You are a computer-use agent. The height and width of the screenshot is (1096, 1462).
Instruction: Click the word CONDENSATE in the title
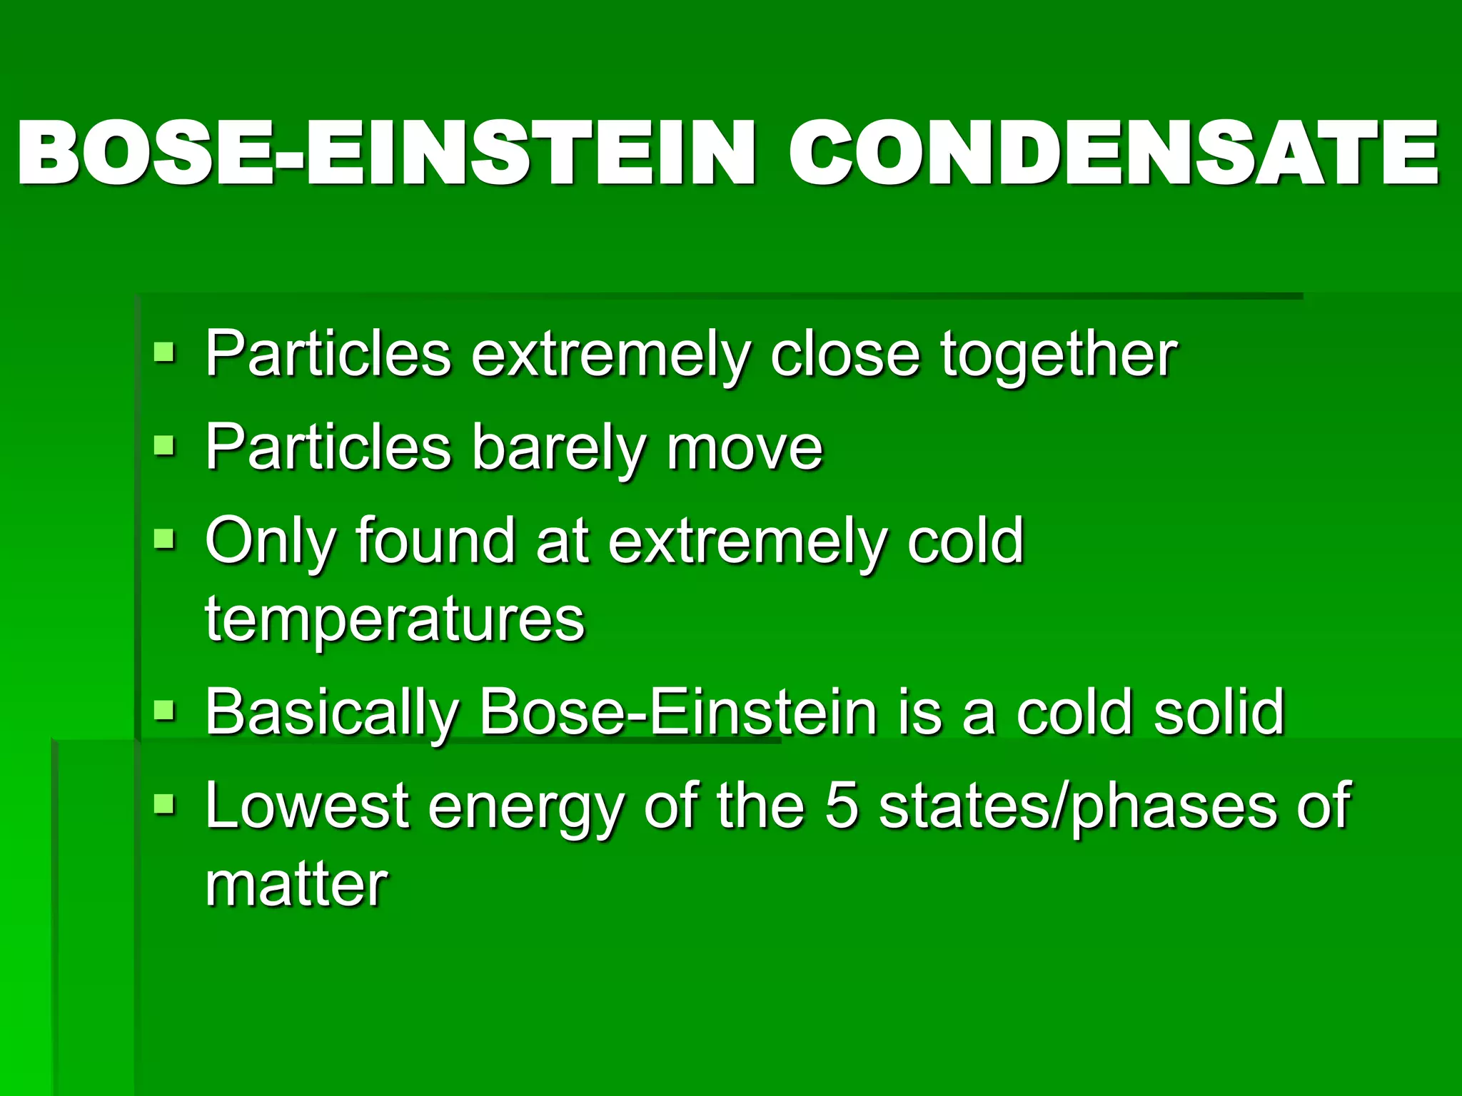click(1114, 153)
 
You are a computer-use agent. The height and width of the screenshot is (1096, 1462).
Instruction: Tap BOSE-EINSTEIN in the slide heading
click(385, 153)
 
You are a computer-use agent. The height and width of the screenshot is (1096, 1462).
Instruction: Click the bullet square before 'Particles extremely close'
click(164, 352)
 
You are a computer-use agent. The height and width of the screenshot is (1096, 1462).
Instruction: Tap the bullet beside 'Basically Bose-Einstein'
click(164, 710)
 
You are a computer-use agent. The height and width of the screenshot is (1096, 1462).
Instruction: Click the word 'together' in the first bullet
click(1058, 355)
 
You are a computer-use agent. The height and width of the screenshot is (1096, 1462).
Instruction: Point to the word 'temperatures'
click(395, 620)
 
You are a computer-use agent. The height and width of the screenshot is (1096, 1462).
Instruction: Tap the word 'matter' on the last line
click(296, 885)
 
